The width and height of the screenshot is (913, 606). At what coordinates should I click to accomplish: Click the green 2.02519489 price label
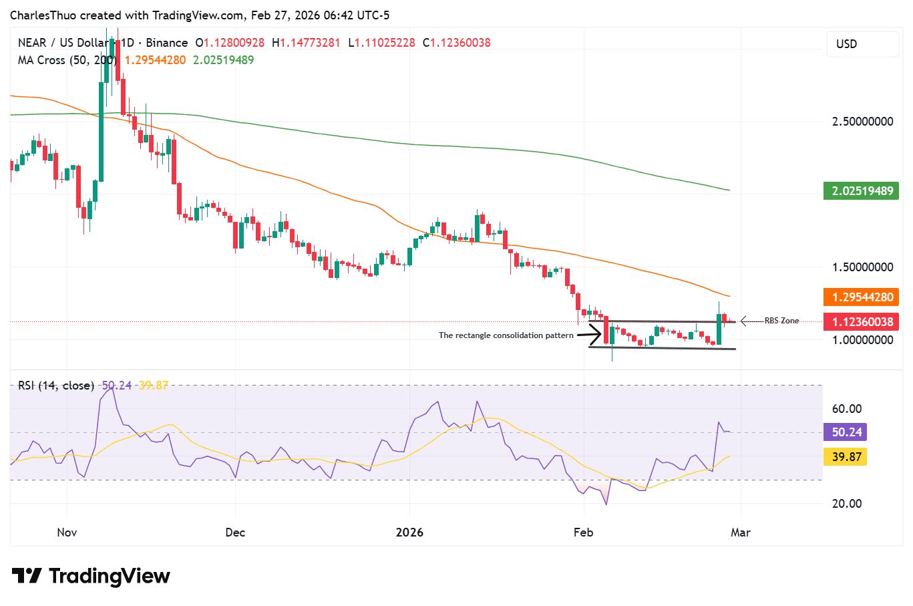point(862,191)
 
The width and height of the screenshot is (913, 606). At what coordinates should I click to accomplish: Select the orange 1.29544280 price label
point(862,297)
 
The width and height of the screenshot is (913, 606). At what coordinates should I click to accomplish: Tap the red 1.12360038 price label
point(862,322)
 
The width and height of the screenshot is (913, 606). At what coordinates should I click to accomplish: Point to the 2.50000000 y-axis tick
point(862,122)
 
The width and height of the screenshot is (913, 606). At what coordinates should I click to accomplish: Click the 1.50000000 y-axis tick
point(862,267)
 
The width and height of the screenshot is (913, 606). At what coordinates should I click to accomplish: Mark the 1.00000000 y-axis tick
point(862,340)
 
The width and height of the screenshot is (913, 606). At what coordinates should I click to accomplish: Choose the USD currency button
point(862,44)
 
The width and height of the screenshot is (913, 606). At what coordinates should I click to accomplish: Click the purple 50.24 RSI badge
point(846,432)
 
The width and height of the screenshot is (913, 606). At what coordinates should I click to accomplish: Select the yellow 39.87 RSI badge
point(846,457)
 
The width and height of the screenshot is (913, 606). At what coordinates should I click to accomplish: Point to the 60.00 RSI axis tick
point(846,409)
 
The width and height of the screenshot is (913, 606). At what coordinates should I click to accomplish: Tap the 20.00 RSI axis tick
point(846,504)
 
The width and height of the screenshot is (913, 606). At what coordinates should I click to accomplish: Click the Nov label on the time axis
point(67,533)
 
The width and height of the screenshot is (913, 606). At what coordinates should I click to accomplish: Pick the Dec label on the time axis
point(235,533)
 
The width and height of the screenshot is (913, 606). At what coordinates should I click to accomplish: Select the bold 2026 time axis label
point(409,533)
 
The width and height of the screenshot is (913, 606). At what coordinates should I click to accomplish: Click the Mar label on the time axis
point(740,533)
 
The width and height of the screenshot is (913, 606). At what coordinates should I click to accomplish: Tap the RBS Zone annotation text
point(781,321)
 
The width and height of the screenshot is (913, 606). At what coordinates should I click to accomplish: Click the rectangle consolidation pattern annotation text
point(506,335)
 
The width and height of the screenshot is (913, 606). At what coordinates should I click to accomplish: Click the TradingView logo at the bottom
point(91,576)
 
